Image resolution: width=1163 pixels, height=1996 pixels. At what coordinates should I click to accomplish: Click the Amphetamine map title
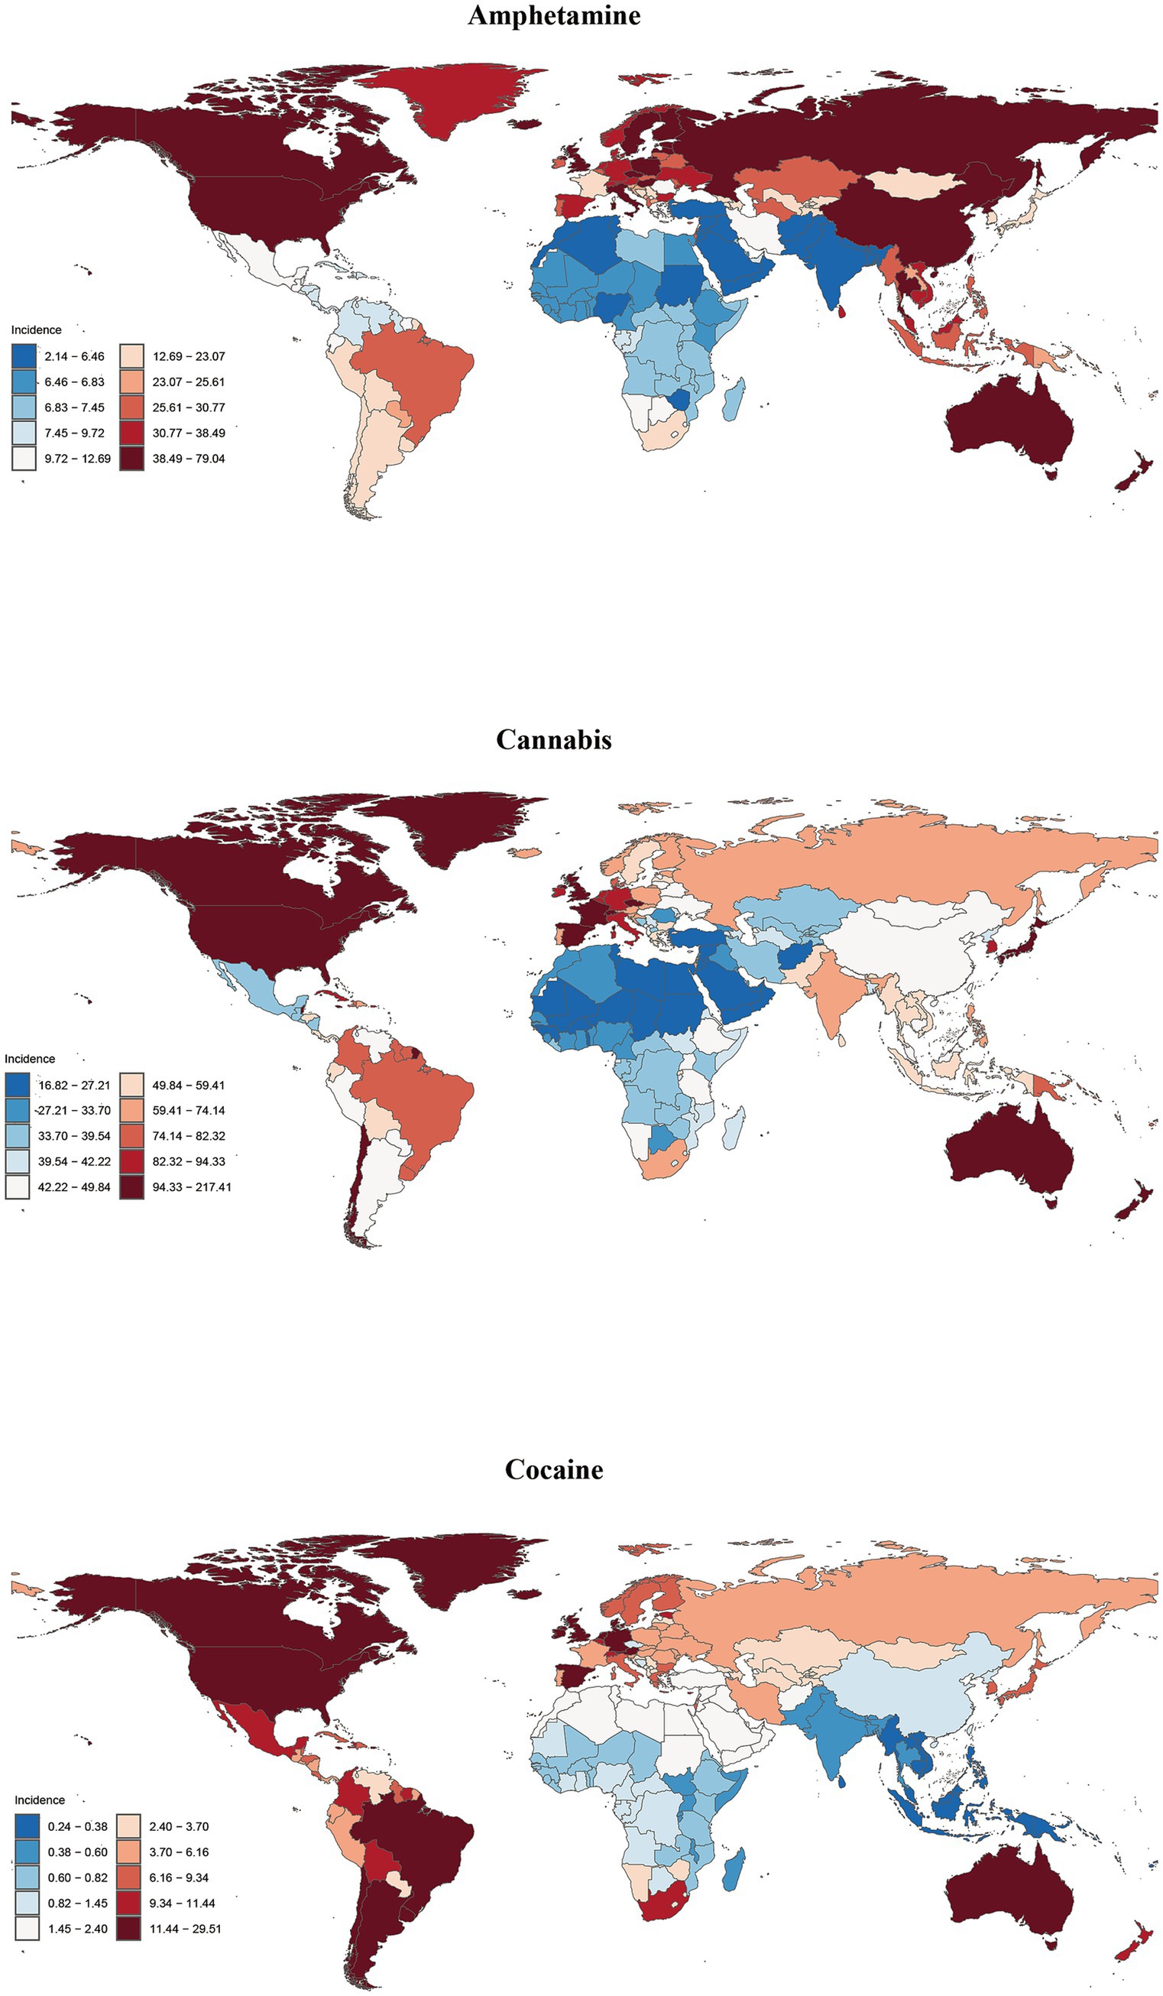(553, 16)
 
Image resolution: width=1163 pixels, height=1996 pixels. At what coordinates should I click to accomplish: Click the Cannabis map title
(553, 739)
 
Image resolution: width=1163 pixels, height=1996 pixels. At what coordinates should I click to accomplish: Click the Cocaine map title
(553, 1469)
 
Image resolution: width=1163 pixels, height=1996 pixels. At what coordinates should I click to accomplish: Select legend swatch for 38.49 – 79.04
(131, 459)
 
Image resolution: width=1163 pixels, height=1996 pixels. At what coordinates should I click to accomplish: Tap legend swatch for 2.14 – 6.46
(24, 356)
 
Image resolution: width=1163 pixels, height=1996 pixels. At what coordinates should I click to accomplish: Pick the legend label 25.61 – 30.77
(189, 407)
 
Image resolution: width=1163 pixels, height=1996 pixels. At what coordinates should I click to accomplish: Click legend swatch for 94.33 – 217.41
(131, 1186)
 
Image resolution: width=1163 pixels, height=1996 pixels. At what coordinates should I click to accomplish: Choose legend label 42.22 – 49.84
(74, 1186)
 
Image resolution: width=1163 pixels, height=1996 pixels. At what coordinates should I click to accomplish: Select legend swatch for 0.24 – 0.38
(26, 1826)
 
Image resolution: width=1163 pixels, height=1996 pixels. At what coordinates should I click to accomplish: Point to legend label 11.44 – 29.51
(185, 1928)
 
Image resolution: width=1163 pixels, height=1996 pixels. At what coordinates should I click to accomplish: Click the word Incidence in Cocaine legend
(40, 1800)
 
